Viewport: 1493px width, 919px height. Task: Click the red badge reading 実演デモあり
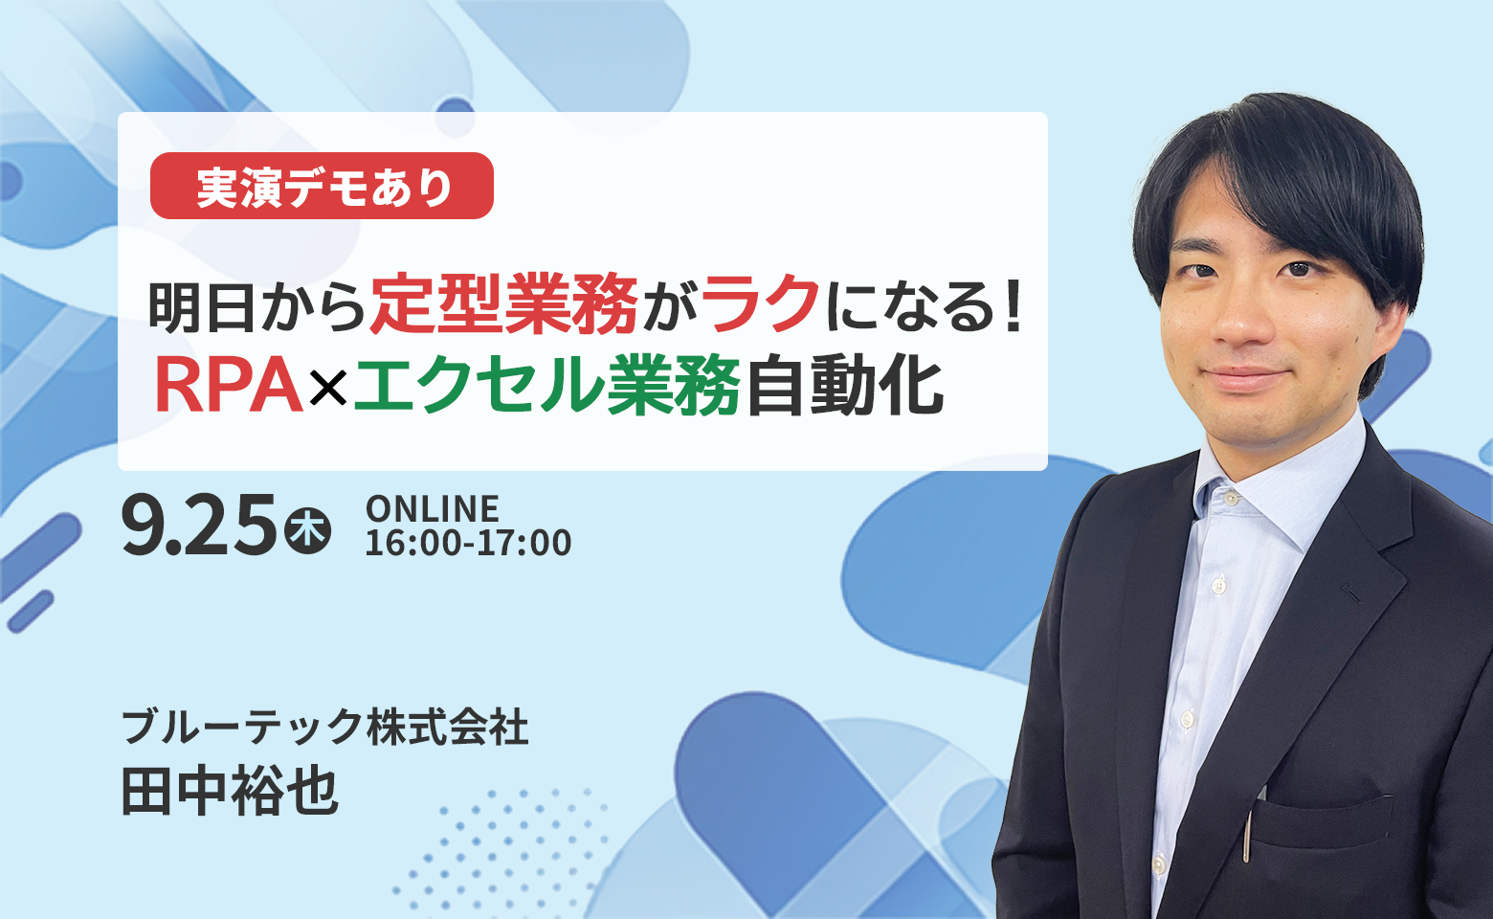click(x=322, y=186)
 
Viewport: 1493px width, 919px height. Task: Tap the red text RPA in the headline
click(x=229, y=386)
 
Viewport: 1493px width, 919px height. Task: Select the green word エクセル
click(x=479, y=386)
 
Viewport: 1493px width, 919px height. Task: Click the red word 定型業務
click(x=503, y=304)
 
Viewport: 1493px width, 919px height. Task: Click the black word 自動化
click(x=844, y=386)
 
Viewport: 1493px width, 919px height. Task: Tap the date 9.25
click(x=199, y=525)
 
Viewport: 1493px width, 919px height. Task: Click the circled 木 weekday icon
click(x=307, y=531)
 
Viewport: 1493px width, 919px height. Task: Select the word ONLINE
click(x=433, y=509)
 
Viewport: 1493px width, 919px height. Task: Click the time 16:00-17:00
click(x=469, y=543)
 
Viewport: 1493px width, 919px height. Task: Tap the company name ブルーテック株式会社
click(x=325, y=727)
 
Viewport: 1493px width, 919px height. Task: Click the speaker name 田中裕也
click(x=230, y=792)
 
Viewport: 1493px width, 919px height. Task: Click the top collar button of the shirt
click(x=1232, y=498)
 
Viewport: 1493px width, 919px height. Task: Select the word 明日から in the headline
click(x=257, y=305)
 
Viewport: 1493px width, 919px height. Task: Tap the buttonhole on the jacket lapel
click(x=1351, y=594)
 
